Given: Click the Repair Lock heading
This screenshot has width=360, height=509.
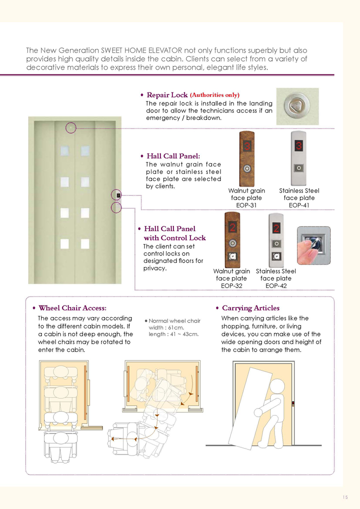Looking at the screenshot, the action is pos(167,95).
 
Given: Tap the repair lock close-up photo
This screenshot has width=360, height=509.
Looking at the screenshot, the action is pos(297,106).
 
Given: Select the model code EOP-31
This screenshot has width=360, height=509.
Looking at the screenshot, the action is pos(246,205).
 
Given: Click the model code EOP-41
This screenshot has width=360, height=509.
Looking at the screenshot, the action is pos(299,205).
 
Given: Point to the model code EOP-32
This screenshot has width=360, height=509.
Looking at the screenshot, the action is pos(231,285).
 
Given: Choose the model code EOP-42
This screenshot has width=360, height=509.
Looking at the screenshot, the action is pos(276,285).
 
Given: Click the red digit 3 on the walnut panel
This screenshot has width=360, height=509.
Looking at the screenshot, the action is pos(247,145).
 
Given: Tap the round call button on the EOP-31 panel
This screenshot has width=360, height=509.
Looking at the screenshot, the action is pos(247,168).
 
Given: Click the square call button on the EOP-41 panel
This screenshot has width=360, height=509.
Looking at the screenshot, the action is pos(298,168).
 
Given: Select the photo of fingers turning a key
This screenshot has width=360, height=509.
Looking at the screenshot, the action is pos(313,245).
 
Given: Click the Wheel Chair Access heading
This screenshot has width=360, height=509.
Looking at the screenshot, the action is pos(72,308).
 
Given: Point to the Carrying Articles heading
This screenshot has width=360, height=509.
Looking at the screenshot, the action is pos(250,308).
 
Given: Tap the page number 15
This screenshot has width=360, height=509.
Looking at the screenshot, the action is pos(344,497).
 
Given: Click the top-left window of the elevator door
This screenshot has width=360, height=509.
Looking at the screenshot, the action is pos(64,151).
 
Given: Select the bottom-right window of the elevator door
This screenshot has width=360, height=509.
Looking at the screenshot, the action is pos(85,244).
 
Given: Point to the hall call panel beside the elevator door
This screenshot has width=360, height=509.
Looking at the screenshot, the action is pos(118,195).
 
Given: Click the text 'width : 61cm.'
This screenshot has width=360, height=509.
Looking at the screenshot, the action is pos(166,327).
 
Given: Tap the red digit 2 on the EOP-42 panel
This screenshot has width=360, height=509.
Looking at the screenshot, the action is pos(276,228).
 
